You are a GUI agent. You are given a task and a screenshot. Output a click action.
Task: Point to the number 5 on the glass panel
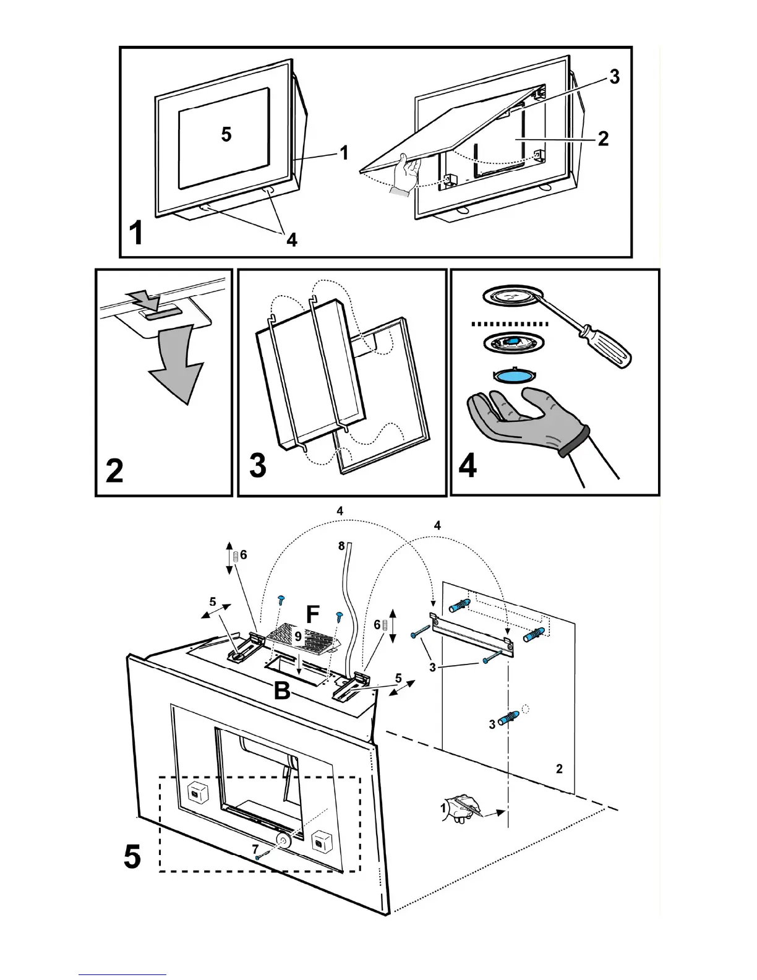[x=226, y=134]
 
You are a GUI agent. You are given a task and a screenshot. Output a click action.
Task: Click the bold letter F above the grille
[x=313, y=615]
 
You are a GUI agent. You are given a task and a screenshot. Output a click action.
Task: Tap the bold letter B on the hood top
[x=282, y=690]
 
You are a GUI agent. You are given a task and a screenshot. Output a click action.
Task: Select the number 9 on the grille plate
[x=298, y=636]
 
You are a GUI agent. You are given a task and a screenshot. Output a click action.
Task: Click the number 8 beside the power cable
[x=341, y=546]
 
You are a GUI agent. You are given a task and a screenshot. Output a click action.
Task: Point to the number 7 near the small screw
[x=255, y=850]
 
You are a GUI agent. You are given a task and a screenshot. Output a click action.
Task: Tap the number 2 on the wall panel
[x=559, y=768]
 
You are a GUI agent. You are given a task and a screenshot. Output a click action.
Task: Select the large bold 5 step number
[x=132, y=857]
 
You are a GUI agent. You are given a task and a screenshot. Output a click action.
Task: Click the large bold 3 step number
[x=259, y=465]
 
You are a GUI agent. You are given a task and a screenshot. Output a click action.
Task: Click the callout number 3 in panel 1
[x=614, y=77]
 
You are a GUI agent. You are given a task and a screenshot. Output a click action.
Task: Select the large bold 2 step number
[x=115, y=472]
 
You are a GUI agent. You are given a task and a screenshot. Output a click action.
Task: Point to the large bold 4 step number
[x=468, y=465]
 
